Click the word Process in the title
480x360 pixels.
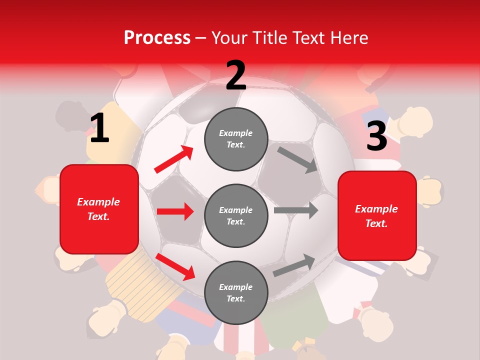click(x=157, y=37)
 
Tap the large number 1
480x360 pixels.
click(x=99, y=128)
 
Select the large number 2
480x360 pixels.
click(x=236, y=75)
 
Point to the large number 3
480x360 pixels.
click(x=377, y=136)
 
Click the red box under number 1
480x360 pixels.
click(x=99, y=209)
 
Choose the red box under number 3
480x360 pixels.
click(x=377, y=215)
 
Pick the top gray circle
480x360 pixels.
click(x=236, y=139)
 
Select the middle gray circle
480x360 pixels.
click(x=236, y=215)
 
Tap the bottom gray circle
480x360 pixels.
click(x=236, y=292)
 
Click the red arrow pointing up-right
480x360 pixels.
click(x=173, y=159)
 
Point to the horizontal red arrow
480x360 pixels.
click(x=175, y=211)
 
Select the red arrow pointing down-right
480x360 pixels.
click(x=175, y=266)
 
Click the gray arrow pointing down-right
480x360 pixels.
click(x=297, y=159)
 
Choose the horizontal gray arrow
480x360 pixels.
click(x=296, y=210)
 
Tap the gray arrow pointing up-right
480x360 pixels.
click(x=294, y=265)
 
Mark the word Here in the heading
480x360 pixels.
click(x=348, y=37)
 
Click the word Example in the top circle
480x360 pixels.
click(x=236, y=133)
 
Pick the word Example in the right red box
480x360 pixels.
click(x=376, y=208)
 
